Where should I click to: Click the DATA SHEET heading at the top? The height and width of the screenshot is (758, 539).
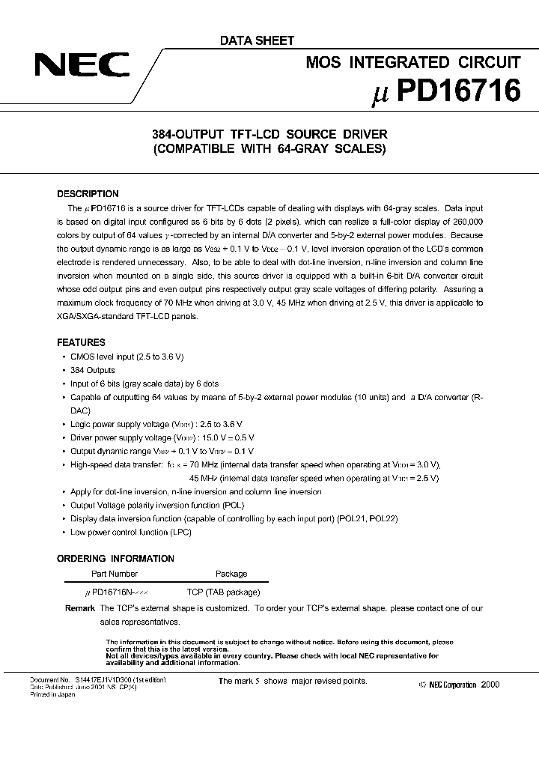pyautogui.click(x=256, y=40)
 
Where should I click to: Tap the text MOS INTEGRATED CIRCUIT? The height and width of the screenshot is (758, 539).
pyautogui.click(x=412, y=63)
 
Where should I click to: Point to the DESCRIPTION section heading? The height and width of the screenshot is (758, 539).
pyautogui.click(x=88, y=194)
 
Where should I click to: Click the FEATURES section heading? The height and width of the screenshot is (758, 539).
pyautogui.click(x=81, y=342)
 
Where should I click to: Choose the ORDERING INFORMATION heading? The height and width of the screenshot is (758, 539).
pyautogui.click(x=115, y=559)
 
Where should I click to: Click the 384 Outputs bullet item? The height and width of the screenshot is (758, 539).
pyautogui.click(x=93, y=370)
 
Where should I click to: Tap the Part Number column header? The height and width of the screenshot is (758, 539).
pyautogui.click(x=114, y=574)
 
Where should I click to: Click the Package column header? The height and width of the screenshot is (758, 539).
pyautogui.click(x=231, y=574)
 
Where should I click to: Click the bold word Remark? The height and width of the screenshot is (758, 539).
pyautogui.click(x=79, y=608)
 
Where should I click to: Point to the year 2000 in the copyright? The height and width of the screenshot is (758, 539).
pyautogui.click(x=491, y=685)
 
